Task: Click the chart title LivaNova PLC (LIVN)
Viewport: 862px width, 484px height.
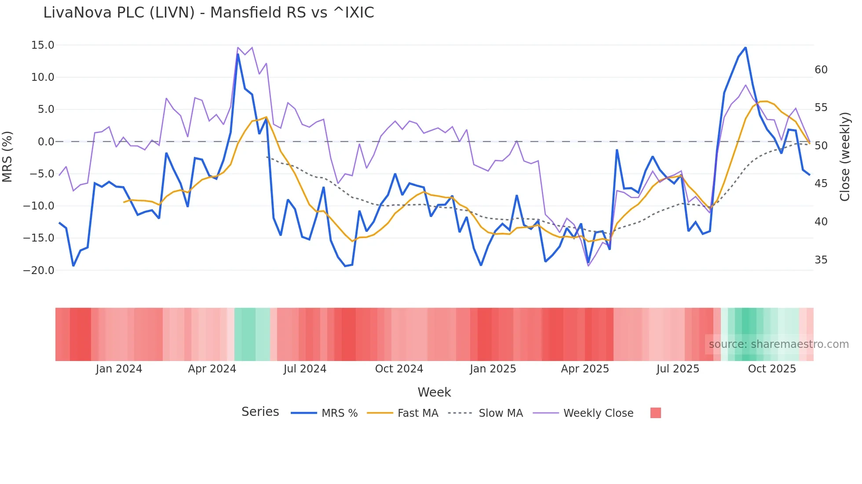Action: pos(208,13)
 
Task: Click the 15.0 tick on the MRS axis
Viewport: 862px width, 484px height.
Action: pos(43,45)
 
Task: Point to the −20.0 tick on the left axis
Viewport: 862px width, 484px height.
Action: pos(39,271)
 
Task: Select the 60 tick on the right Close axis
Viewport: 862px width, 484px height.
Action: pos(821,70)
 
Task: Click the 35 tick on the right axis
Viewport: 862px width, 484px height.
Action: pos(821,260)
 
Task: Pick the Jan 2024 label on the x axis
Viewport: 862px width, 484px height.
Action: pos(119,369)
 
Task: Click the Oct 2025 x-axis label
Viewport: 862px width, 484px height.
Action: pos(772,369)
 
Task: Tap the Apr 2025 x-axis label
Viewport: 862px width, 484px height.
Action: pos(584,369)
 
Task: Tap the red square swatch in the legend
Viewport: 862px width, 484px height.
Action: pos(655,413)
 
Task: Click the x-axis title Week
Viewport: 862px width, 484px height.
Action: pos(434,392)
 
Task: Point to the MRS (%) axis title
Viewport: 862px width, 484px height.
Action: pos(7,157)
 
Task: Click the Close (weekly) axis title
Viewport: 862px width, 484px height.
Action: pos(845,157)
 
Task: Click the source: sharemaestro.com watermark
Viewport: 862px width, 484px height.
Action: pos(778,344)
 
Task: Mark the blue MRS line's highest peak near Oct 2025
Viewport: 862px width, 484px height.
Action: pos(745,47)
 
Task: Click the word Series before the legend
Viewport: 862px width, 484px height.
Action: pos(260,412)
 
